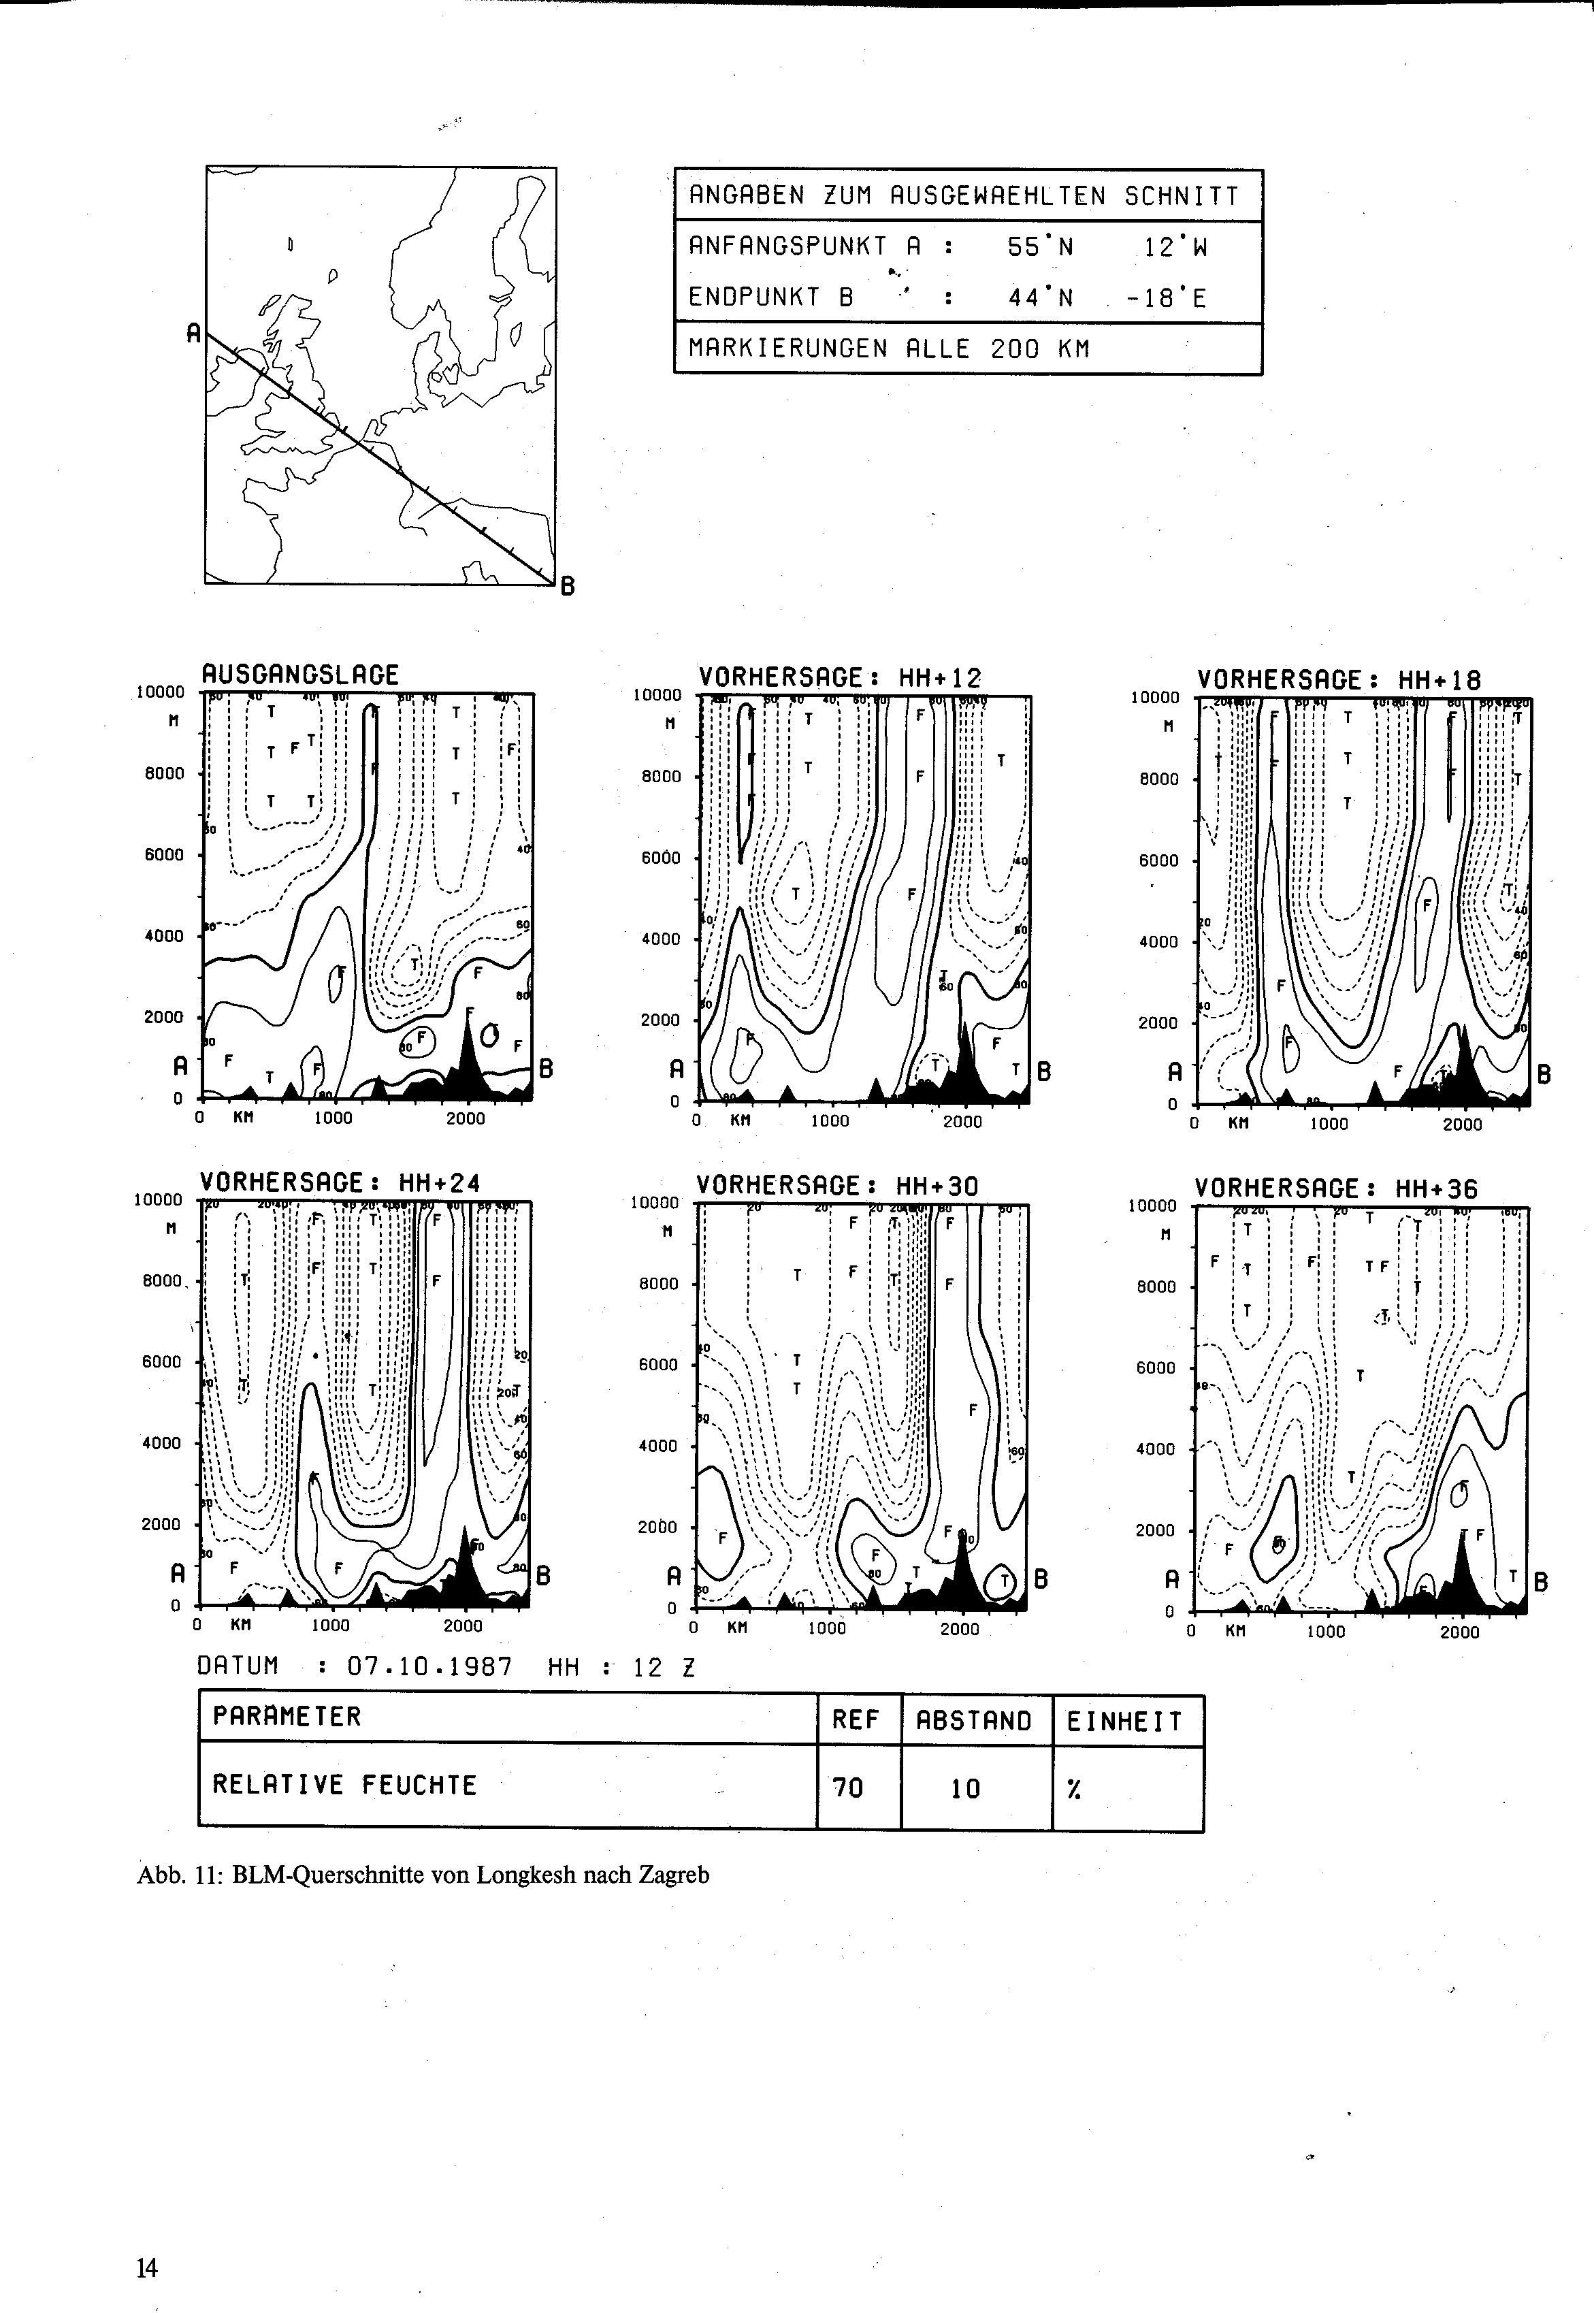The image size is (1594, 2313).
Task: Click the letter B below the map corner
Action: [x=566, y=587]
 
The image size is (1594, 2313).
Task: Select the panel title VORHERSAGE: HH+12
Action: [x=839, y=678]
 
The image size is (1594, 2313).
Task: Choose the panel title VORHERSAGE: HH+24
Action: [x=340, y=1184]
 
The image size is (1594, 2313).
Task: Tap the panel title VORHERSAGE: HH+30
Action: [x=837, y=1186]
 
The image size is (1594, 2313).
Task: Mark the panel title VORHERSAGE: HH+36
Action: [x=1335, y=1189]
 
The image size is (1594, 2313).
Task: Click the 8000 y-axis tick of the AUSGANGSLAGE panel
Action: [x=164, y=773]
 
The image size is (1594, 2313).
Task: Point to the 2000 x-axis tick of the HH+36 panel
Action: [x=1459, y=1632]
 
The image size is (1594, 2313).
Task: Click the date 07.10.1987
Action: [x=429, y=1667]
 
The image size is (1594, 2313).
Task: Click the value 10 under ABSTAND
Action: [x=965, y=1789]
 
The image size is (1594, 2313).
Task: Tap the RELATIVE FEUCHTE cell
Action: [x=344, y=1785]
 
